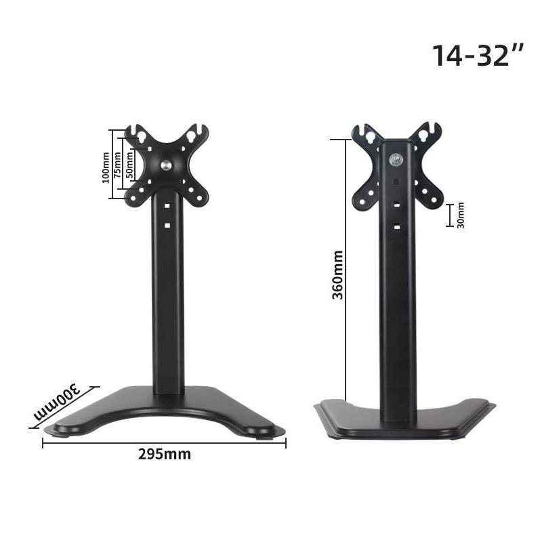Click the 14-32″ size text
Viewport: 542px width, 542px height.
tap(478, 56)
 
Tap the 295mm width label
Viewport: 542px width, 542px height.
tap(165, 454)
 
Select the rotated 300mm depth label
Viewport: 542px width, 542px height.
tap(57, 401)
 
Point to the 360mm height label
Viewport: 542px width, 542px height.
tap(337, 274)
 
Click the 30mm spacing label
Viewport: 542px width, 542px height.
tap(461, 215)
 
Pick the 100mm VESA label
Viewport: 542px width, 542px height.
tap(106, 167)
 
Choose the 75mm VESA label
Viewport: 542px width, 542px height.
tap(117, 165)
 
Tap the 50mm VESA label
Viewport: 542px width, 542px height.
tap(129, 165)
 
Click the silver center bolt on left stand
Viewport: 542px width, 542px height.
tap(166, 165)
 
